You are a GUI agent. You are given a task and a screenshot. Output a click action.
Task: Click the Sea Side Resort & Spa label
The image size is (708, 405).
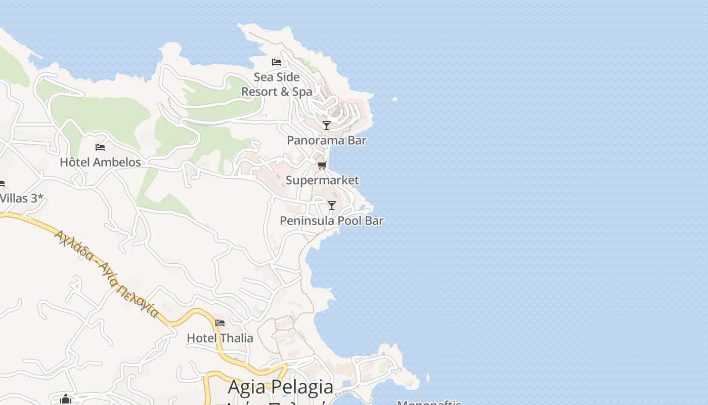pos(277,85)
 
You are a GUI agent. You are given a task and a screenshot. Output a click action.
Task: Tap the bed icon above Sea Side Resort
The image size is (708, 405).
pos(277,62)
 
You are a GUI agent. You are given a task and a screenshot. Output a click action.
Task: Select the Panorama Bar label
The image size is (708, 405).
pos(326,140)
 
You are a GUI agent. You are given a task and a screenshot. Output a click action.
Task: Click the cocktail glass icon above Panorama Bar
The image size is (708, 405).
pos(327,125)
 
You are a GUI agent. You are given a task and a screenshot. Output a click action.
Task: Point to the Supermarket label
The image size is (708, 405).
pos(322,180)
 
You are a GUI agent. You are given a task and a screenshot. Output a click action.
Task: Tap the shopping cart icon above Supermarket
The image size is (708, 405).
pos(322,165)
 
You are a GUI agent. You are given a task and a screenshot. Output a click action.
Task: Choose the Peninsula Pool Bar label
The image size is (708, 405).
pos(331,221)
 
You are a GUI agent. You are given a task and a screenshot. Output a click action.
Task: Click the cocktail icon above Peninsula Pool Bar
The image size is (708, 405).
pos(332,205)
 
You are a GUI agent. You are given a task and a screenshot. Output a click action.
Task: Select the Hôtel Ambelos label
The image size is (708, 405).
pos(100,163)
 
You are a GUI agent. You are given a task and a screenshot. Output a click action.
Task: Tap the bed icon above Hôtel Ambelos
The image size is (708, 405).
pos(100,147)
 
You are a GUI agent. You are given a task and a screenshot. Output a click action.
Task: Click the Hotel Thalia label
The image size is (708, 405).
pos(220,338)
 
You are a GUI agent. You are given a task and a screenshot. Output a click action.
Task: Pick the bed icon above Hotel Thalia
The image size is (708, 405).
pos(220,322)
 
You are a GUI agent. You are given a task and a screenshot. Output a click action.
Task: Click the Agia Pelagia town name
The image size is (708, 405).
pos(281,387)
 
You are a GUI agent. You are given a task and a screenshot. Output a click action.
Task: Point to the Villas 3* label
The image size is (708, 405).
pos(21,198)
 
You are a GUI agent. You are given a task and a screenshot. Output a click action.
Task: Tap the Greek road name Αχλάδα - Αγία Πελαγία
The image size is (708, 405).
pos(106,273)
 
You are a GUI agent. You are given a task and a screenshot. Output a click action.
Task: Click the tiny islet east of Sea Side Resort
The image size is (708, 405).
pos(394,99)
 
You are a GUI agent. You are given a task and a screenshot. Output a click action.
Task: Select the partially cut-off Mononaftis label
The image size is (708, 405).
pos(429,402)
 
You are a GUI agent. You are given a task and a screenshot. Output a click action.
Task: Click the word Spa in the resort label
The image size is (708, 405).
pos(302,92)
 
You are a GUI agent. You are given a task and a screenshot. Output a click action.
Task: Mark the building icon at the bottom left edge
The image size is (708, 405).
pos(66,399)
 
